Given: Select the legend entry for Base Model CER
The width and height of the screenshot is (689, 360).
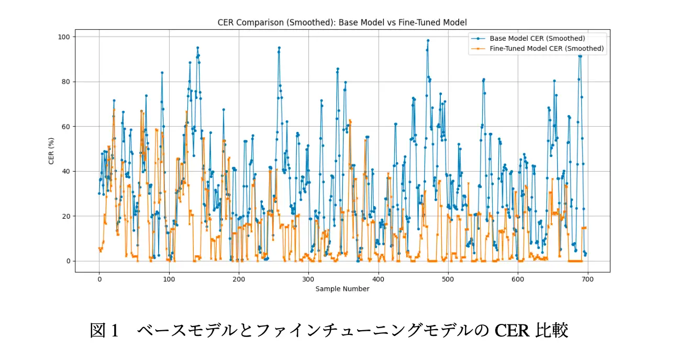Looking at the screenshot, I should click(x=537, y=38).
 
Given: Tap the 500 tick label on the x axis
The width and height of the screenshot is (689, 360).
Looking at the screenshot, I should click(x=448, y=279).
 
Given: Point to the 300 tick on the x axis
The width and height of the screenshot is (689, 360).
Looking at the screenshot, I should click(x=308, y=279).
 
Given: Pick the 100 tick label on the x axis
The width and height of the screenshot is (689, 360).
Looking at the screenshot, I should click(x=169, y=279).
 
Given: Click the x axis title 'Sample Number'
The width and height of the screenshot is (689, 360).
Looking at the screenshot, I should click(x=342, y=289).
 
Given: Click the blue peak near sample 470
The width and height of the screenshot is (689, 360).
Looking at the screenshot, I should click(x=428, y=40).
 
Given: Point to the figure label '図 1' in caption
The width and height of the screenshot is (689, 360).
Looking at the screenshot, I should click(x=105, y=331).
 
